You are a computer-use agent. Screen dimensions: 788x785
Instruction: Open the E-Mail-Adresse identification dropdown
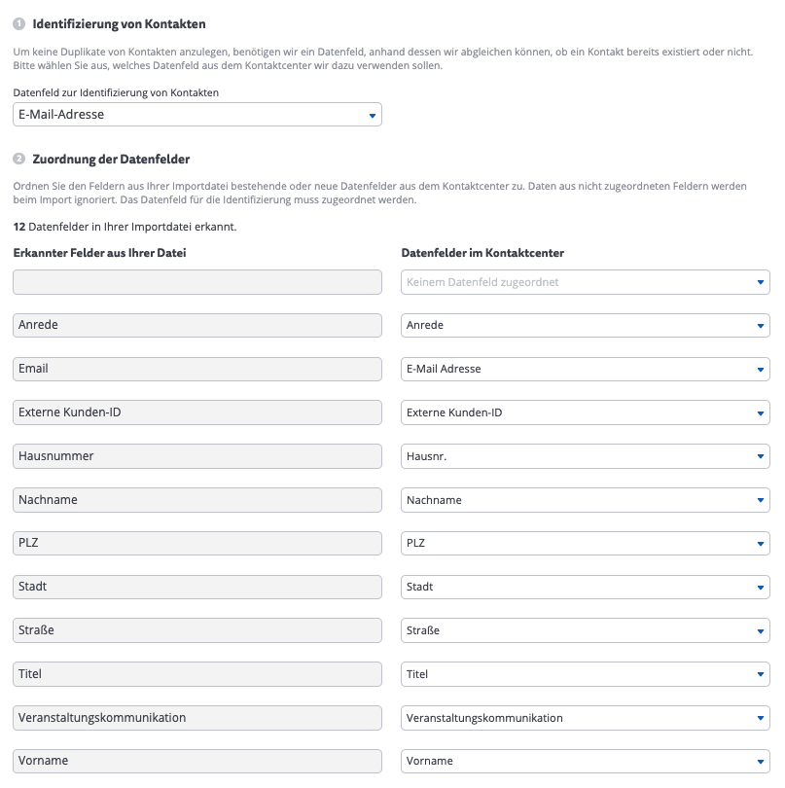tap(197, 115)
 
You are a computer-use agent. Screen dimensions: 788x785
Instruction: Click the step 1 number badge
tap(18, 23)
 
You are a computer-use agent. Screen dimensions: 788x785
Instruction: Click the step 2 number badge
tap(18, 159)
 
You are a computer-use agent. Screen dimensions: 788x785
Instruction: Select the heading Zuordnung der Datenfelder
tap(111, 159)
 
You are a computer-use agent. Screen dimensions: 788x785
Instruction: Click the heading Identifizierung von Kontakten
tap(119, 23)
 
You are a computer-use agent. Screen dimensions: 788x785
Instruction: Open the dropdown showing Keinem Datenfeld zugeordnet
tap(585, 282)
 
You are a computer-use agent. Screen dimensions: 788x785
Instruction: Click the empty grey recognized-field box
tap(197, 282)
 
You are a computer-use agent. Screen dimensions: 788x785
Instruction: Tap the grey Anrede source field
tap(197, 325)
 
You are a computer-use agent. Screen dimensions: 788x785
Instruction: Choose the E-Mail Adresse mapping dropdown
tap(585, 369)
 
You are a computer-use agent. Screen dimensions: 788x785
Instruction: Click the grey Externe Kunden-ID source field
tap(197, 412)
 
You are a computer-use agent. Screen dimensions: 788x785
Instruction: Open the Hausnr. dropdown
tap(585, 456)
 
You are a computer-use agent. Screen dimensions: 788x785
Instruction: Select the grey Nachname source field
tap(197, 500)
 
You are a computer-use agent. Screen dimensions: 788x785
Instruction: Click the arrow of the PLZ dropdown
tap(761, 544)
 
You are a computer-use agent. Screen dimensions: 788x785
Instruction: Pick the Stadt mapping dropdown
tap(585, 588)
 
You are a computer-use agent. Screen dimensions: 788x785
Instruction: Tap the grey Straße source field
tap(197, 630)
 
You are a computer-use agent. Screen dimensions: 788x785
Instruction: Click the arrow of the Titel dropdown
tap(761, 674)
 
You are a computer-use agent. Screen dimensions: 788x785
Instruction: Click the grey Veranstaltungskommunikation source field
tap(197, 718)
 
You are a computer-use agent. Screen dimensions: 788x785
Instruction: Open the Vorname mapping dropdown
tap(585, 761)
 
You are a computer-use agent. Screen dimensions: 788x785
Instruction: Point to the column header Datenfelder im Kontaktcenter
tap(482, 253)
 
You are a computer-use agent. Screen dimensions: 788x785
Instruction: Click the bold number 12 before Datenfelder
tap(18, 227)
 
